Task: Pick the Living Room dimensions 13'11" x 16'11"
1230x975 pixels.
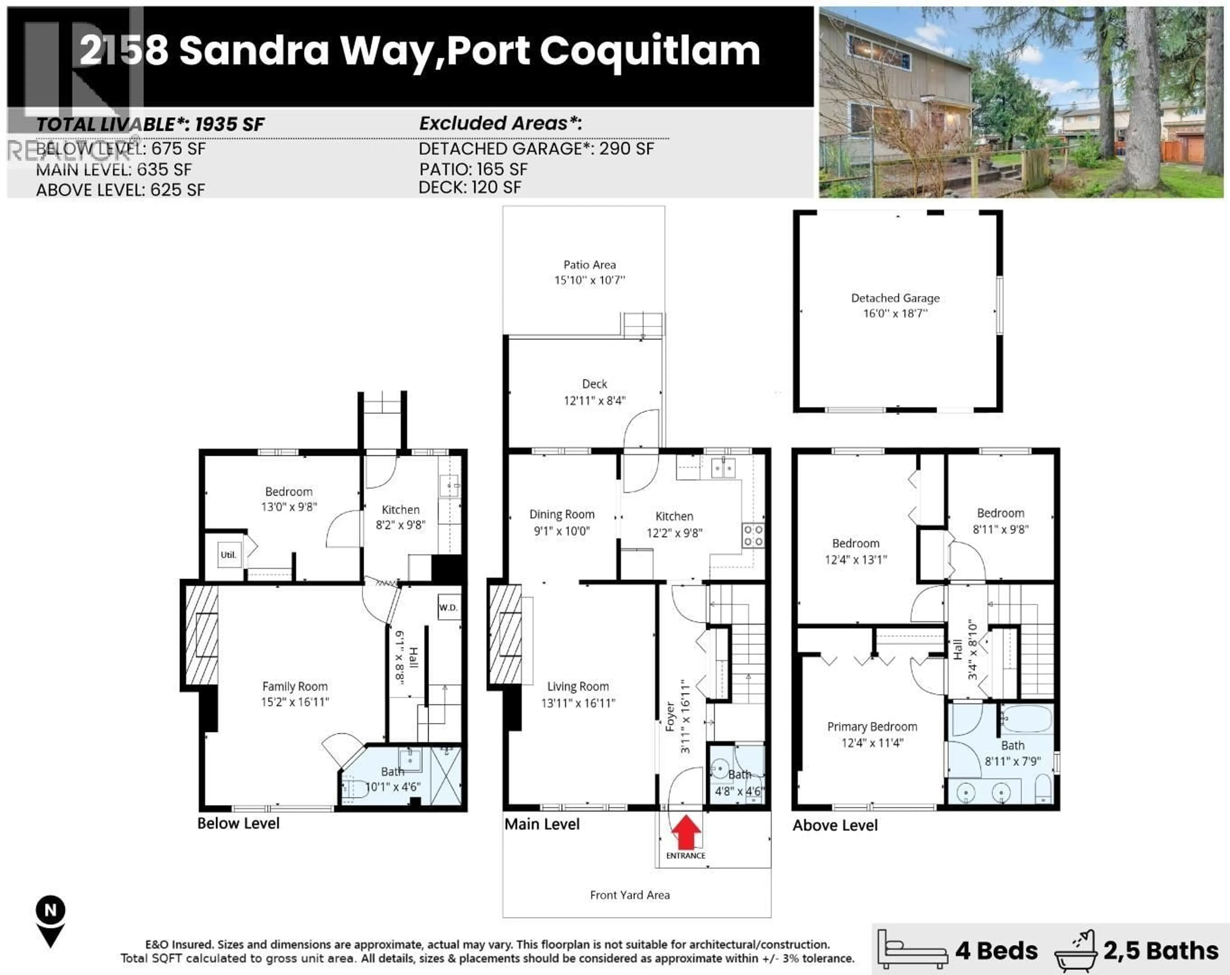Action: pyautogui.click(x=578, y=703)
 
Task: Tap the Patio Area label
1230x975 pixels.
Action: pyautogui.click(x=589, y=265)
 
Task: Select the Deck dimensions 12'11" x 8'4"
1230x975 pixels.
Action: pyautogui.click(x=594, y=401)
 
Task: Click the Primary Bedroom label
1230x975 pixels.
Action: pyautogui.click(x=872, y=727)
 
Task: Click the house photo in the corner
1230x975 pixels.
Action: pyautogui.click(x=1021, y=103)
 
